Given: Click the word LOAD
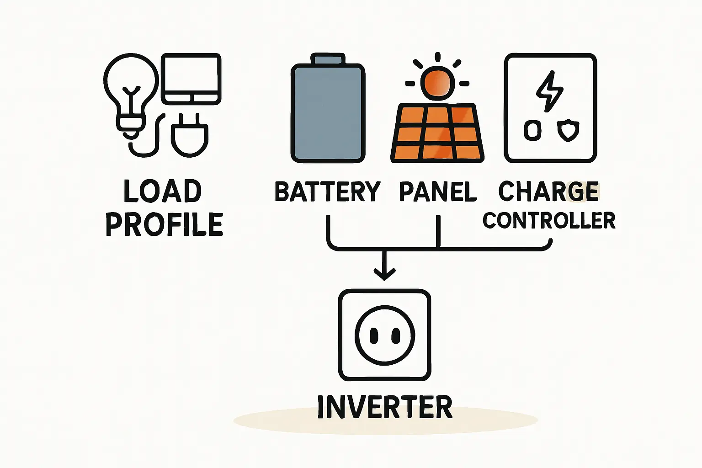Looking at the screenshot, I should coord(163,191).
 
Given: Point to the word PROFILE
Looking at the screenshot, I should coord(164,224).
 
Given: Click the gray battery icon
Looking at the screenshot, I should coord(328,112).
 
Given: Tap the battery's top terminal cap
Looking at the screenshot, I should coord(328,59).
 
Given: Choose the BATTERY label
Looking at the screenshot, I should coord(327,191).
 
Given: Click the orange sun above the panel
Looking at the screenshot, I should coord(437,83).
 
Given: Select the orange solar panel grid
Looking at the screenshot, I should coord(437,133).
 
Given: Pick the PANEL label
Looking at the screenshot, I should coord(438,191).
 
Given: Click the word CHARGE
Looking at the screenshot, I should coord(548,191).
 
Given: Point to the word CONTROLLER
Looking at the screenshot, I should coord(549,220).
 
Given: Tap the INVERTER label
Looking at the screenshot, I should coord(384,407).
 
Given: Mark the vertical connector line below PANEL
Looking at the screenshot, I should coord(438,231).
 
